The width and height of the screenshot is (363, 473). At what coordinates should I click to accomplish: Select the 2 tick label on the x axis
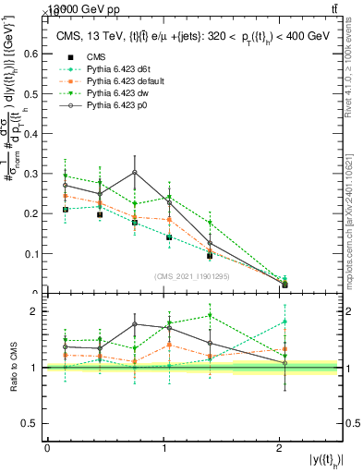[280, 448]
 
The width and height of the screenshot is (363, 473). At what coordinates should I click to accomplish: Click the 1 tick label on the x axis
[163, 448]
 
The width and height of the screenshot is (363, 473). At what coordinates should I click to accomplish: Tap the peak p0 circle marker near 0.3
[135, 172]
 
